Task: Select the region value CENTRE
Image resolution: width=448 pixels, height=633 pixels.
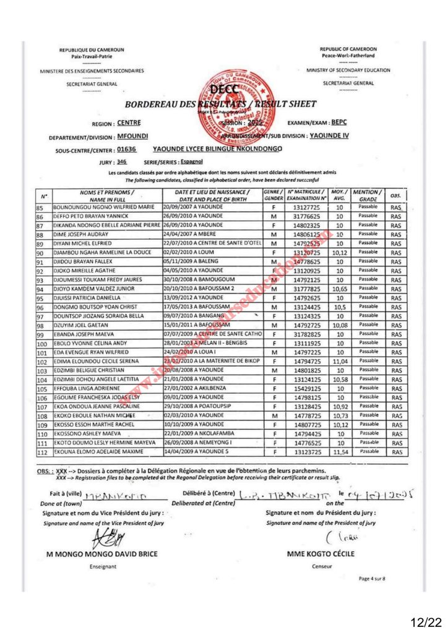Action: coord(129,122)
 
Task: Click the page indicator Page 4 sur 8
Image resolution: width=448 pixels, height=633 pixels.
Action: coord(372,579)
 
